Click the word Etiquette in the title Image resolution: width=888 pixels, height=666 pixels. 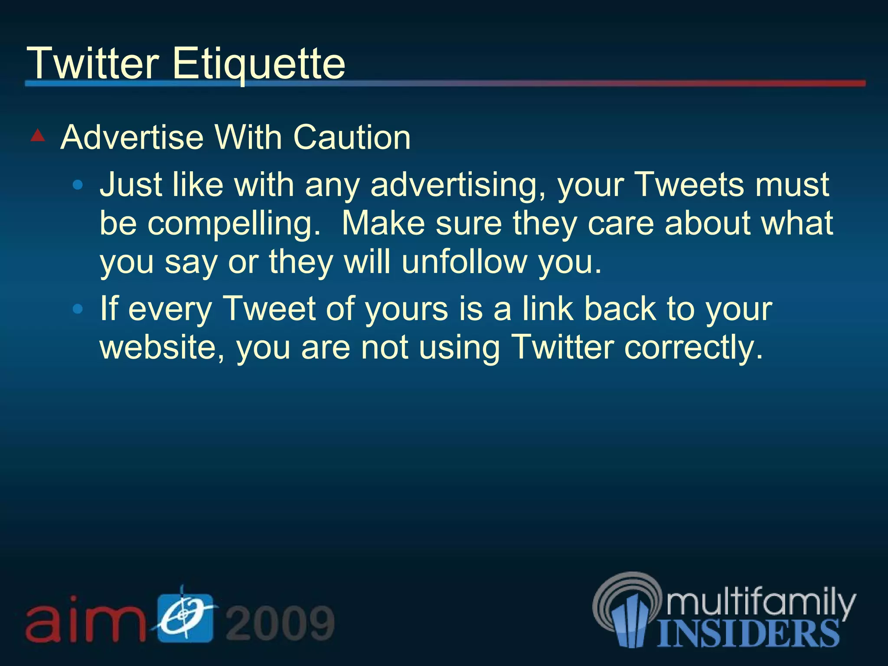[x=258, y=64]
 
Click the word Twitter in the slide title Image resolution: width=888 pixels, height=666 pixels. [x=93, y=64]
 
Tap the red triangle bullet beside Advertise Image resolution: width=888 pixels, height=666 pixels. [x=38, y=136]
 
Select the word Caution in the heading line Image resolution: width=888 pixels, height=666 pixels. [x=352, y=137]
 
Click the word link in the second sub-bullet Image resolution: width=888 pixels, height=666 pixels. [x=547, y=309]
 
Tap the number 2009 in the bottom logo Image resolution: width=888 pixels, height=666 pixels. [x=280, y=623]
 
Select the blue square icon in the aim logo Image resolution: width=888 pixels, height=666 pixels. [x=185, y=617]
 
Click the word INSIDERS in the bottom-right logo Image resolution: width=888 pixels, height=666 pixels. [x=748, y=633]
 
